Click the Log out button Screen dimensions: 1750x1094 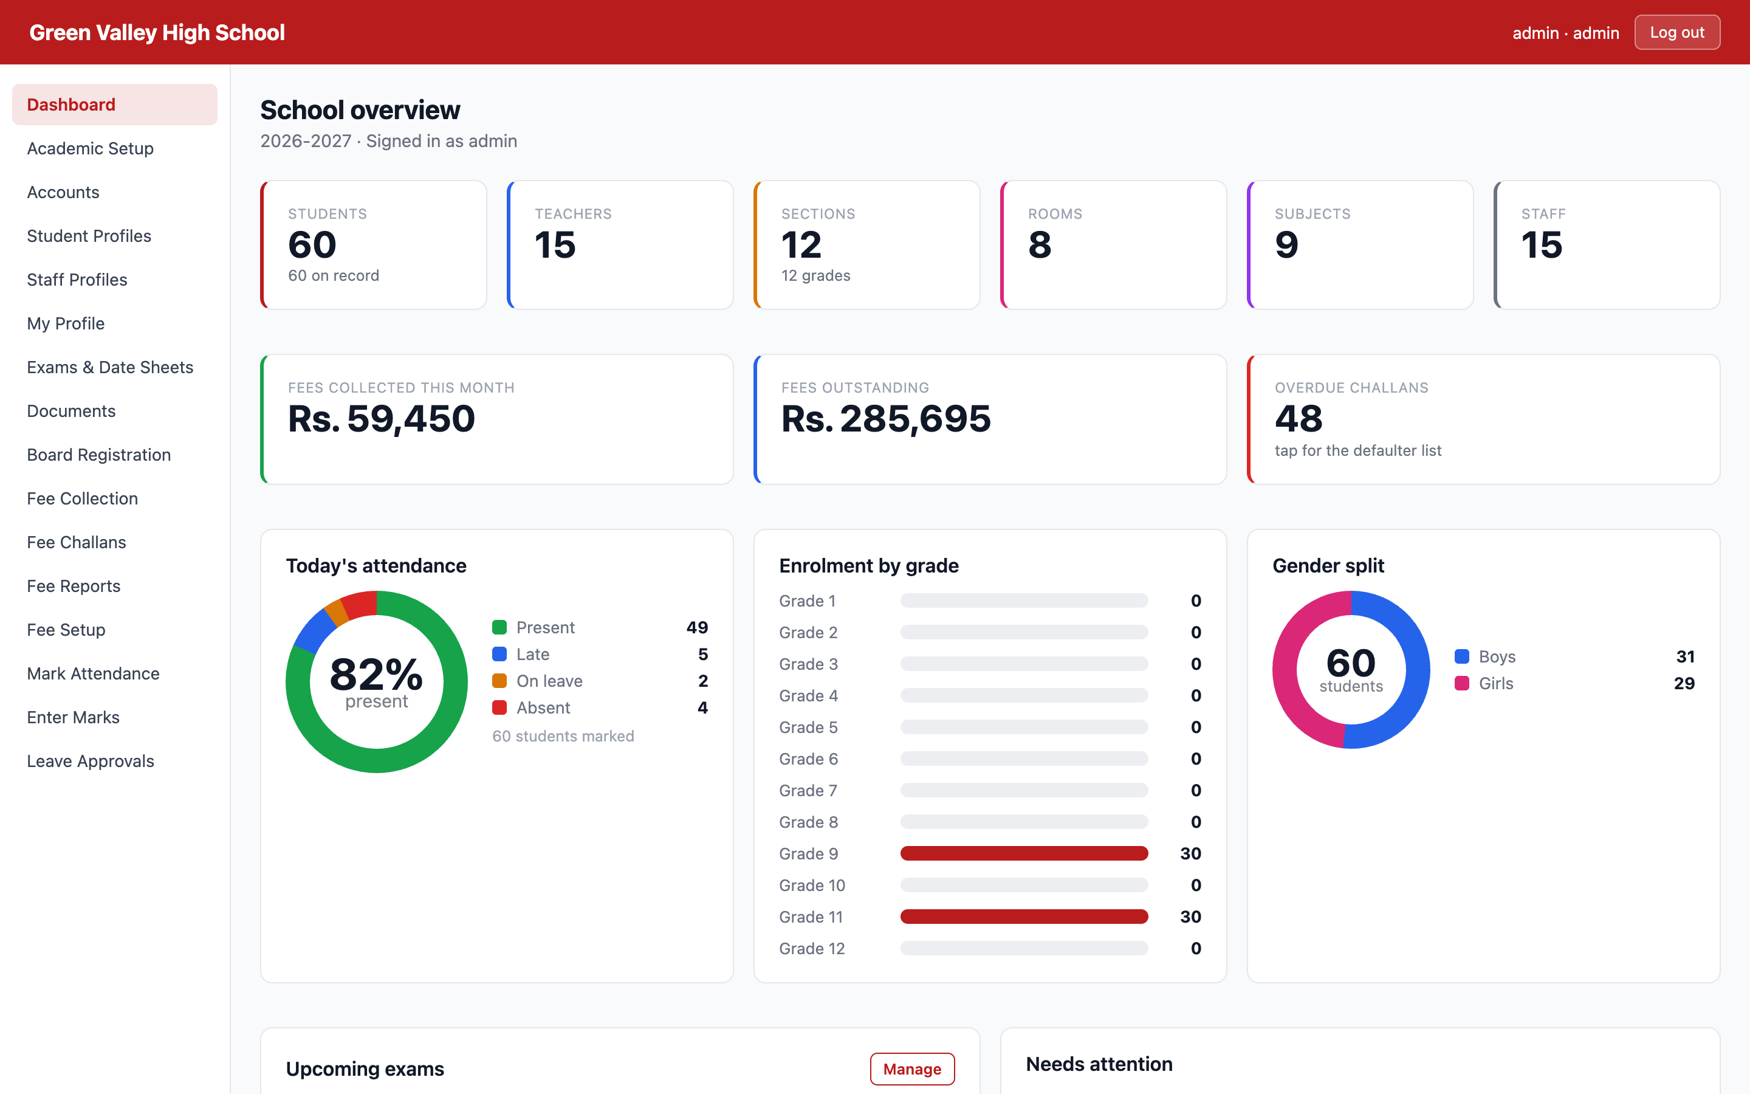point(1676,33)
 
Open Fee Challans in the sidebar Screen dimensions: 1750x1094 point(77,542)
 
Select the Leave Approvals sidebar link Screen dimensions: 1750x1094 point(91,761)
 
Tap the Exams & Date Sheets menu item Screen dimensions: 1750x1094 point(110,367)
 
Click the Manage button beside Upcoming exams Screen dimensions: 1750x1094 point(912,1068)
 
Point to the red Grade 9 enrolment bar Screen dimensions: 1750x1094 point(1024,854)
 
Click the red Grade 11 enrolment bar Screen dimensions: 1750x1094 point(1024,917)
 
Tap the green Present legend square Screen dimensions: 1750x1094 point(499,627)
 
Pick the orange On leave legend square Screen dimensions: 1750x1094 point(499,681)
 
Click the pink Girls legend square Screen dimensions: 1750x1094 point(1461,683)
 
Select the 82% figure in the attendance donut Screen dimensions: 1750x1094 point(376,675)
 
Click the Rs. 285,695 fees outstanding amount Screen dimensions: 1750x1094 point(886,418)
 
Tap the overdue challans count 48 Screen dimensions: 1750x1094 point(1299,418)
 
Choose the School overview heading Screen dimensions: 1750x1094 point(360,110)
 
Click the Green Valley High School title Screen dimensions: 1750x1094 point(157,33)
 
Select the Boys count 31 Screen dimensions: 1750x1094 point(1686,656)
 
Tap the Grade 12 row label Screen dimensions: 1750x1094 point(812,949)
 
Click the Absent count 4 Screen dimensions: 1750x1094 point(703,707)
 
